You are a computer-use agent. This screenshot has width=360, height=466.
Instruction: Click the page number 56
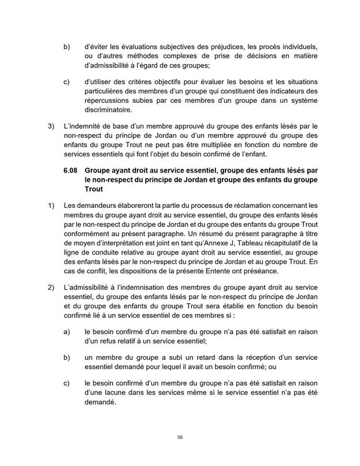coord(180,438)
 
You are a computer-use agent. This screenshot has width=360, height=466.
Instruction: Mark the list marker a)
coord(66,331)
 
